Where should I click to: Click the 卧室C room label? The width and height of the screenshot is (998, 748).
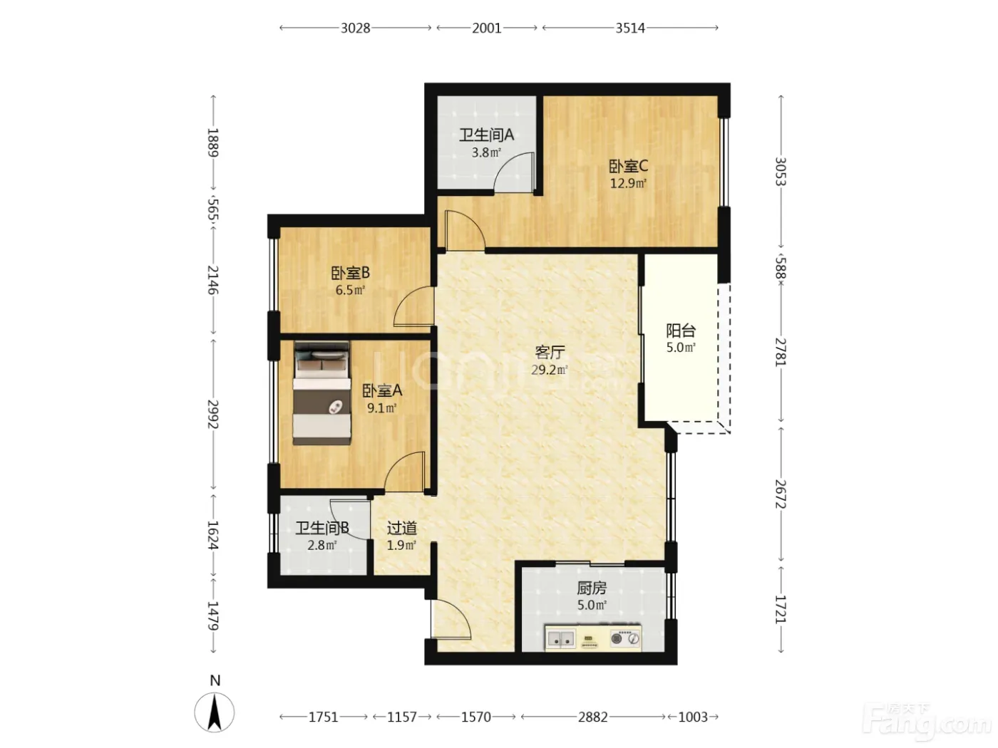tap(628, 166)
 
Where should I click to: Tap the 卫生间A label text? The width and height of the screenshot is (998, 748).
tap(486, 135)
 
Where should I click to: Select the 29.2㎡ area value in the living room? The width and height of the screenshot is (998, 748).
tap(549, 370)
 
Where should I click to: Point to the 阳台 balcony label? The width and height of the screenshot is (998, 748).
tap(681, 331)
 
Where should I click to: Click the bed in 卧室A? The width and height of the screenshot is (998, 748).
tap(322, 393)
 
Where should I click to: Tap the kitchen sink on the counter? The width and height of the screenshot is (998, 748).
tap(560, 639)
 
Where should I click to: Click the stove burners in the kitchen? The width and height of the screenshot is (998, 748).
tap(625, 638)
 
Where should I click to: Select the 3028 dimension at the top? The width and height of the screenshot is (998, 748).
tap(355, 28)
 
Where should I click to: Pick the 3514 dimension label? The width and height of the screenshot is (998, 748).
tap(629, 28)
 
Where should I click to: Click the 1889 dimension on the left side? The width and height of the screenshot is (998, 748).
tap(212, 142)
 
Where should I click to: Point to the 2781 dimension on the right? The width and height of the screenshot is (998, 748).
tap(781, 352)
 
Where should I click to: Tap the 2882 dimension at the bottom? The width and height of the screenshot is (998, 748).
tap(592, 717)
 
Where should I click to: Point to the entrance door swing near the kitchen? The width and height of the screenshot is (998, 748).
tap(451, 619)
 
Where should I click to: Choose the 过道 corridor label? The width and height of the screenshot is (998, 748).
tap(401, 528)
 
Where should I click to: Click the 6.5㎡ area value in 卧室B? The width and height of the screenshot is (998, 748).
tap(350, 290)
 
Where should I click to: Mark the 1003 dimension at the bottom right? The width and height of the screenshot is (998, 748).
tap(693, 717)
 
